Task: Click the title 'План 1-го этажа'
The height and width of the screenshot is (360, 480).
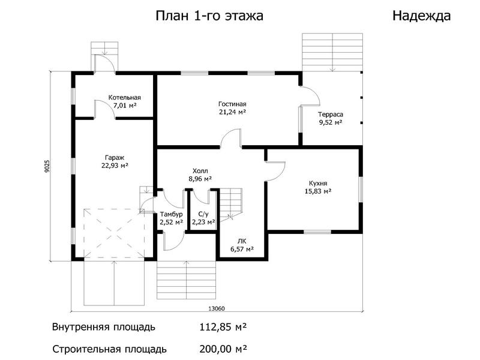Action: tap(209, 16)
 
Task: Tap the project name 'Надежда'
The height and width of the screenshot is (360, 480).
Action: tap(422, 16)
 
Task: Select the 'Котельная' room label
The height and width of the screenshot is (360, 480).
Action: tap(125, 97)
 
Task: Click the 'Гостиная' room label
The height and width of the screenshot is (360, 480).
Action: tap(232, 104)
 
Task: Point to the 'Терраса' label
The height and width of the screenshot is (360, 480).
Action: tap(331, 115)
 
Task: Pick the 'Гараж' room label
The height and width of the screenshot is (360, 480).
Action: tap(115, 158)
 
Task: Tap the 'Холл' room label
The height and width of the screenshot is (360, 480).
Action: tap(200, 171)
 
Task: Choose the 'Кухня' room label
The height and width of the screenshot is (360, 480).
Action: tap(318, 184)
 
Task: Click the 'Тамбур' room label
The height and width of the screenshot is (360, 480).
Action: tap(172, 214)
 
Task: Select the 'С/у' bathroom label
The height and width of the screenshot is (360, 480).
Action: tap(203, 214)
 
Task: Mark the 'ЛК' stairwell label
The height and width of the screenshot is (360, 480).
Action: tap(242, 241)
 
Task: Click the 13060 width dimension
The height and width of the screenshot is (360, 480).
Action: tap(217, 308)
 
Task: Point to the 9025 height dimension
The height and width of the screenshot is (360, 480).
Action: tap(47, 166)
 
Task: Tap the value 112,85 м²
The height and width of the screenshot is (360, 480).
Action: tap(223, 327)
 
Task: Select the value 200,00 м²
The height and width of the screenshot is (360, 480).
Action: tap(223, 349)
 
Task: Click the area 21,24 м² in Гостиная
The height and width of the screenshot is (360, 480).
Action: tap(233, 112)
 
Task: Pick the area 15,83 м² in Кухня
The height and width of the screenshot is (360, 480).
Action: tap(318, 191)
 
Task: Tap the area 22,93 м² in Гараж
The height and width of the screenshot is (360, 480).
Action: tap(115, 166)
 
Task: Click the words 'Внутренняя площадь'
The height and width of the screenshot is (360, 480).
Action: tap(104, 327)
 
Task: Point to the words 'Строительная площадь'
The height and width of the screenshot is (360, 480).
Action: tap(110, 349)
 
